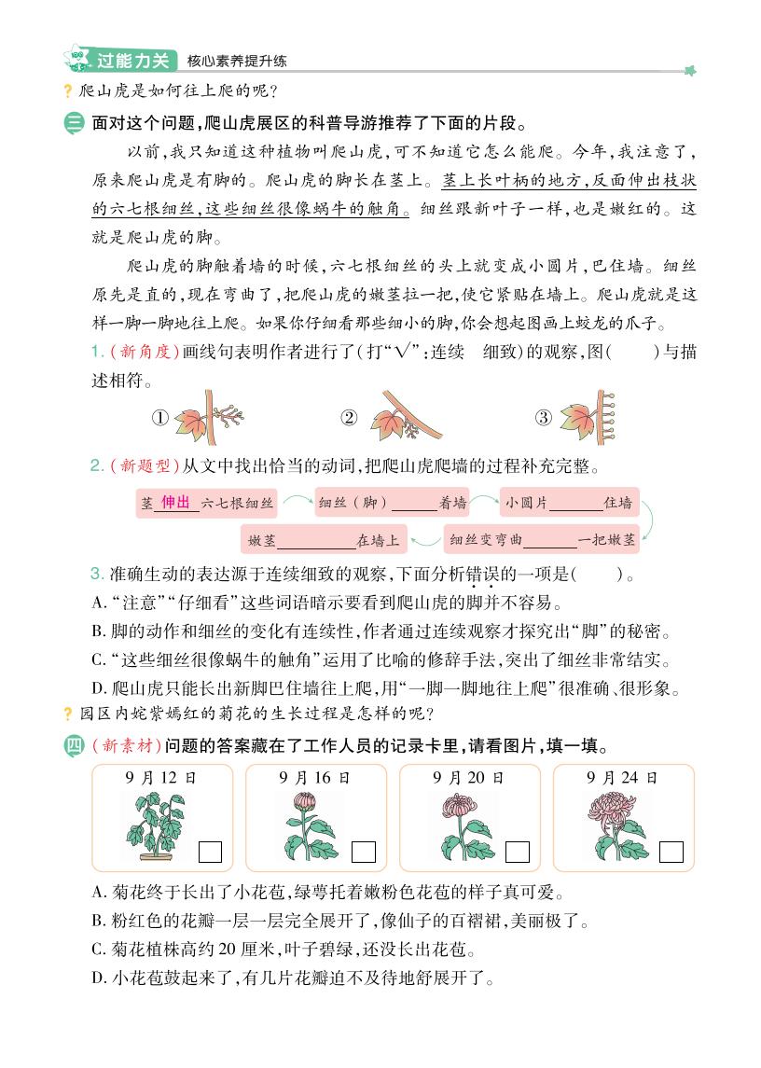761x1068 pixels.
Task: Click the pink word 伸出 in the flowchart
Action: pos(175,502)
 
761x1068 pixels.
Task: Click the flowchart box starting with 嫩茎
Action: pos(324,539)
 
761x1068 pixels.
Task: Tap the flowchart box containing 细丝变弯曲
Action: pos(542,539)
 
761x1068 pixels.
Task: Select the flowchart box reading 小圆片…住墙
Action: pos(569,502)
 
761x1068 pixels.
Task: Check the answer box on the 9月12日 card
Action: pos(211,852)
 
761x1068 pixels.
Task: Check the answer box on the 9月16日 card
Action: pos(364,852)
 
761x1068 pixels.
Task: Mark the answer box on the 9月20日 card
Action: pos(518,852)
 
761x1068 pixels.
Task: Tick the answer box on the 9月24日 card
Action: pos(671,852)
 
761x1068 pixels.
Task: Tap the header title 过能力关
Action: pos(132,62)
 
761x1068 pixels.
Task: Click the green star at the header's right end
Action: pos(691,68)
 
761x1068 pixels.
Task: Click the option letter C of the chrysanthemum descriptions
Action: pos(98,951)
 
